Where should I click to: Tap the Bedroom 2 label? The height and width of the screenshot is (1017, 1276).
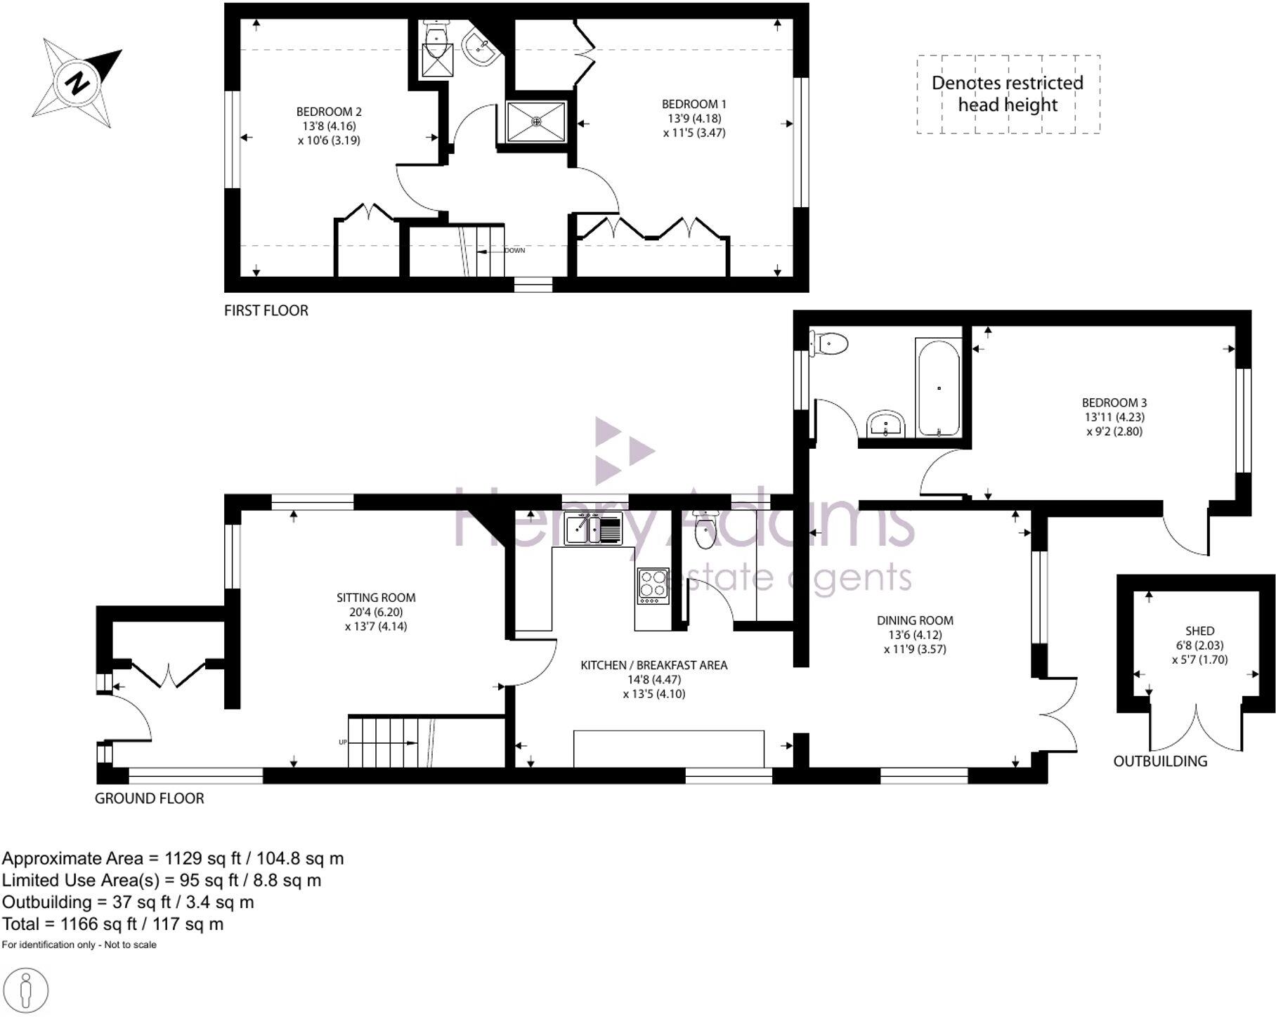coord(329,112)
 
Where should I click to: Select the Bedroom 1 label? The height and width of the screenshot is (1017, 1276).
coord(694,105)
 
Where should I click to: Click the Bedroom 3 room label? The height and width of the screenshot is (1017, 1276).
coord(1114,403)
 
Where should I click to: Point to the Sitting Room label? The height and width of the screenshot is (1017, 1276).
coord(376,598)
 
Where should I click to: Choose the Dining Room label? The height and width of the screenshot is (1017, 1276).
coord(915,620)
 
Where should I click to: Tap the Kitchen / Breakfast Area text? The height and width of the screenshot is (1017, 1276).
coord(653,665)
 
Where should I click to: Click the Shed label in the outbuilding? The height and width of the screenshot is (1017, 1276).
coord(1199,631)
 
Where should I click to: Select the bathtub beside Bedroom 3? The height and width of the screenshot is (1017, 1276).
coord(938,388)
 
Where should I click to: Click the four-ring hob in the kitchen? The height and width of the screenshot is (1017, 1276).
coord(653,585)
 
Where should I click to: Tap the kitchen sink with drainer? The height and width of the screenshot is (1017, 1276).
coord(593,528)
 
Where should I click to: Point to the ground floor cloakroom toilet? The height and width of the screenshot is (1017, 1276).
coord(703,531)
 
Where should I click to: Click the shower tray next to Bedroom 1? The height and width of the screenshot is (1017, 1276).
coord(537,122)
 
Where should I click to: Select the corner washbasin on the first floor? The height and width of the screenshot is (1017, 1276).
coord(480,48)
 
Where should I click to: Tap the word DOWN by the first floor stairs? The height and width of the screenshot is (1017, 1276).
coord(514,251)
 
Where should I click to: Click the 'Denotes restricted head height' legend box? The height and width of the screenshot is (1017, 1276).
coord(1008,94)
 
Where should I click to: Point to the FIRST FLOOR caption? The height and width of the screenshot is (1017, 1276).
coord(266,310)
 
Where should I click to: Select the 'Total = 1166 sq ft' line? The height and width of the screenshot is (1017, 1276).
coord(113,924)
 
